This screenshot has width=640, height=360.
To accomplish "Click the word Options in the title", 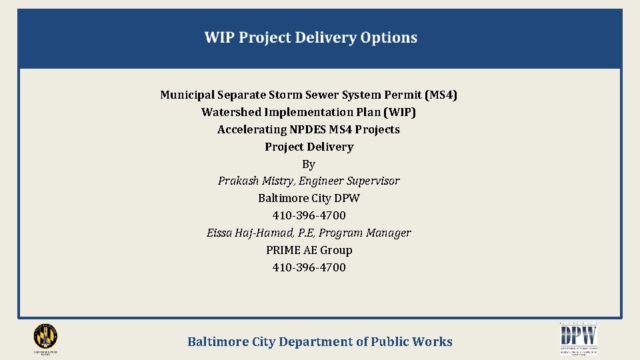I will click(389, 38).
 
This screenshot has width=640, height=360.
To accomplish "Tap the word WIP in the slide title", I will click(219, 38).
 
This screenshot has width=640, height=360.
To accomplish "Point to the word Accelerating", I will click(252, 129).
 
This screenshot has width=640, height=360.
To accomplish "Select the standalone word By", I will click(309, 164).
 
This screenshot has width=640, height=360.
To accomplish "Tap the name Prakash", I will click(238, 181).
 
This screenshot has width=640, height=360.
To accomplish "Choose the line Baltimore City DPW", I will click(309, 198).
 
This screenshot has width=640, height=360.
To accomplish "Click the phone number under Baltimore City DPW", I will click(309, 215).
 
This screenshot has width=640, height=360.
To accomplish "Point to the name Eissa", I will click(220, 233).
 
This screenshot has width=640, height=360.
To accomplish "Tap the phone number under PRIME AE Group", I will click(309, 267).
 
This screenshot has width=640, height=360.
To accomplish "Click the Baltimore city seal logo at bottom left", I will click(45, 337).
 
